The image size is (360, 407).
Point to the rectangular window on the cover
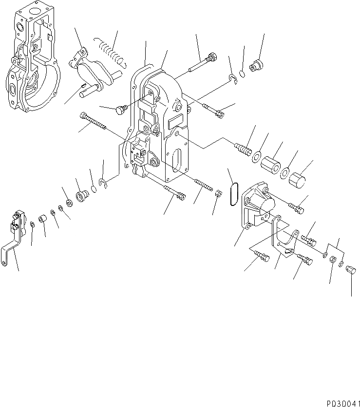176,120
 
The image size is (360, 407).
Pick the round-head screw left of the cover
120,111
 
